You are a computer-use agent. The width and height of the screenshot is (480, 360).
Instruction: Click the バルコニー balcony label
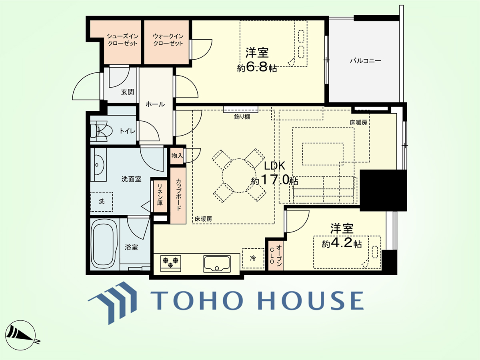pyautogui.click(x=366, y=60)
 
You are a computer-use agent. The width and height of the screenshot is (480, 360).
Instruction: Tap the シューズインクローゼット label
pyautogui.click(x=123, y=40)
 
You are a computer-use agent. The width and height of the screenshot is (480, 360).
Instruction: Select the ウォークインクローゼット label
pyautogui.click(x=168, y=40)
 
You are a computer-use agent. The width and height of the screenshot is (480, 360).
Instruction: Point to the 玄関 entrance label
pyautogui.click(x=127, y=92)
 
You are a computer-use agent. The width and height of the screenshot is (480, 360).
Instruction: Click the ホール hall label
pyautogui.click(x=155, y=104)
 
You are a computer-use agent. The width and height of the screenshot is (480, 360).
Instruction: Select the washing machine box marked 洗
pyautogui.click(x=102, y=202)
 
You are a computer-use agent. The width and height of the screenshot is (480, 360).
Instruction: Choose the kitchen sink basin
pyautogui.click(x=217, y=264)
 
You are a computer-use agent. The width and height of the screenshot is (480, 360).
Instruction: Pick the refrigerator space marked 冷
pyautogui.click(x=253, y=258)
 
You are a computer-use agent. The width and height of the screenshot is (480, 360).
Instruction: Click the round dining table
pyautogui.click(x=239, y=176)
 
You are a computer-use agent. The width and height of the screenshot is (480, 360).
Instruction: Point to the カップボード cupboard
pyautogui.click(x=178, y=196)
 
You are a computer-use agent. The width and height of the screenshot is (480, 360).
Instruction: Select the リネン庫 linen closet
pyautogui.click(x=160, y=196)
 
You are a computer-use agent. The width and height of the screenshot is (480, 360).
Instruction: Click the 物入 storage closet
pyautogui.click(x=177, y=156)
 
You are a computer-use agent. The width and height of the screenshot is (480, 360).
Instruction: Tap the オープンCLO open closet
pyautogui.click(x=276, y=255)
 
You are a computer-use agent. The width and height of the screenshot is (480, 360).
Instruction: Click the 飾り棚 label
pyautogui.click(x=242, y=117)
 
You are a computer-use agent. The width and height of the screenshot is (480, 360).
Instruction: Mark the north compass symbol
pyautogui.click(x=21, y=336)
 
